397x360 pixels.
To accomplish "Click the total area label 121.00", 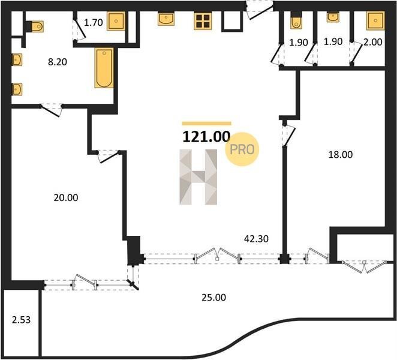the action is [206, 137].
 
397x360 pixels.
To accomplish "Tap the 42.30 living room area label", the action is [257, 239].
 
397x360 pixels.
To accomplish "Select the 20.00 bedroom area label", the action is [66, 197].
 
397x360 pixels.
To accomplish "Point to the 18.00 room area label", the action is [340, 155].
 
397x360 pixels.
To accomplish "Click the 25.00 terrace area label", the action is [213, 298].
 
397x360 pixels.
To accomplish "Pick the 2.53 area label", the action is [21, 320].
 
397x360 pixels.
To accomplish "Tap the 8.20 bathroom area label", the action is [58, 62].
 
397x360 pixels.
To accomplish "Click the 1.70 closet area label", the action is [93, 23].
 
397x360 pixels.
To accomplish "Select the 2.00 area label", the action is [372, 42].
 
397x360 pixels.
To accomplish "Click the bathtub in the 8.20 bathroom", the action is [104, 68].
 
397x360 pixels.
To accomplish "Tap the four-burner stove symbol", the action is [203, 21].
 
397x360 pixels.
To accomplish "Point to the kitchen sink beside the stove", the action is [166, 19].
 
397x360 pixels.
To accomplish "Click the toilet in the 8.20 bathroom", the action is [35, 26].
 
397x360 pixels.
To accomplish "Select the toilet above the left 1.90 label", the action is [296, 20].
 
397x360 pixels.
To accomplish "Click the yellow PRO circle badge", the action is [242, 149].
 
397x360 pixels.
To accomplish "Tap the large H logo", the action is [198, 177].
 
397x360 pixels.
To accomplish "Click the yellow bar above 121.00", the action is [207, 124].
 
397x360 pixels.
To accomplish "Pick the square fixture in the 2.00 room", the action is [375, 21].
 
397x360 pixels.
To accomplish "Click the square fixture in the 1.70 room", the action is [116, 21].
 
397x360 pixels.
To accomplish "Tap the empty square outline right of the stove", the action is [232, 22].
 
